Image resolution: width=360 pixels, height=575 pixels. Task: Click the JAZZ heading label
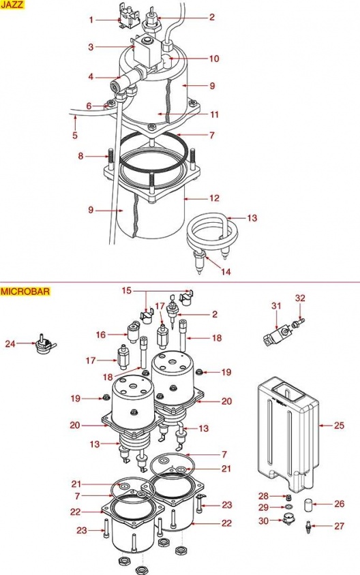[x=12, y=5]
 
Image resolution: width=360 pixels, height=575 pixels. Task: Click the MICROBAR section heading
[x=25, y=292]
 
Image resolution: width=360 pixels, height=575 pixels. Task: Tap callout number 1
[x=91, y=19]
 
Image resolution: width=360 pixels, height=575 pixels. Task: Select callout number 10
[x=214, y=59]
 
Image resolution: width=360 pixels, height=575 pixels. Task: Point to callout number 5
[x=75, y=136]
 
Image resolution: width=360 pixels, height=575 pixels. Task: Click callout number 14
[x=226, y=272]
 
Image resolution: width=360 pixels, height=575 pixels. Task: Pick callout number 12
[x=214, y=198]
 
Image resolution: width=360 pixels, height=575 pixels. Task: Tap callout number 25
[x=340, y=425]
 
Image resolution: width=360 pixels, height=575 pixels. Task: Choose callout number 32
[x=300, y=298]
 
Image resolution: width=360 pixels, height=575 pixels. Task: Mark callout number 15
[x=127, y=291]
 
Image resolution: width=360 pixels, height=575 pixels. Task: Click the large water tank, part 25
[x=288, y=433]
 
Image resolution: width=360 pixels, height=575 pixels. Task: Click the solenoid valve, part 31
[x=276, y=335]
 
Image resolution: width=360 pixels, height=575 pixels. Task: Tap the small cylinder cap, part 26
[x=308, y=505]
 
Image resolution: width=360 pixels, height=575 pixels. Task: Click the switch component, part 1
[x=127, y=16]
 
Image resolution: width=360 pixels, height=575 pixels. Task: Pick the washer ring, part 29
[x=288, y=507]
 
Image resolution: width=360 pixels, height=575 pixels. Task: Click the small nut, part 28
[x=288, y=497]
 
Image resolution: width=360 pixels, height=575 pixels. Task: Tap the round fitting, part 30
[x=288, y=520]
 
